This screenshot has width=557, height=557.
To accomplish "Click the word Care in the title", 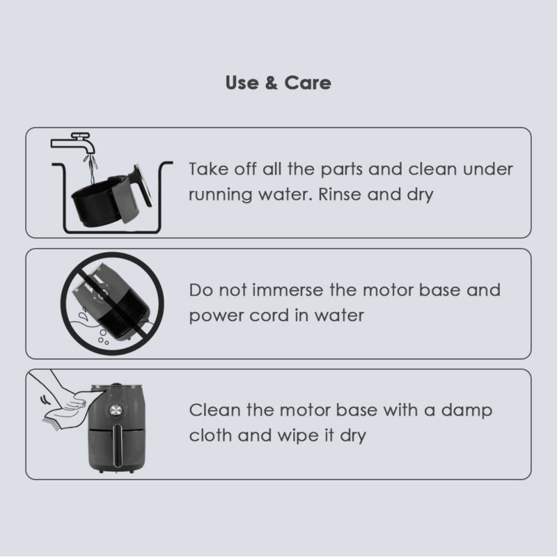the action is [308, 83].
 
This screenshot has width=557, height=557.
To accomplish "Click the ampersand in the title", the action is [271, 83].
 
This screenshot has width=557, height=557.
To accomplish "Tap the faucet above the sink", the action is [74, 142].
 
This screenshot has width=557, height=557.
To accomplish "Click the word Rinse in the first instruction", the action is [340, 194].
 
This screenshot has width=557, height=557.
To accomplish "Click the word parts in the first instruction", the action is [341, 170].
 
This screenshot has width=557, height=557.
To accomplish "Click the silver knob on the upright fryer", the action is [115, 410].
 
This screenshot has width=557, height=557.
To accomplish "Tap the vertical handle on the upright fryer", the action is [118, 446].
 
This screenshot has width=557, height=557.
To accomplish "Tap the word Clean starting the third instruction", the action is [215, 410].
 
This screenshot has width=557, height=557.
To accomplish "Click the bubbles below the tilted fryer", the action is [103, 338].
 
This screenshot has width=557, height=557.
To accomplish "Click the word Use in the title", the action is [242, 83].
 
